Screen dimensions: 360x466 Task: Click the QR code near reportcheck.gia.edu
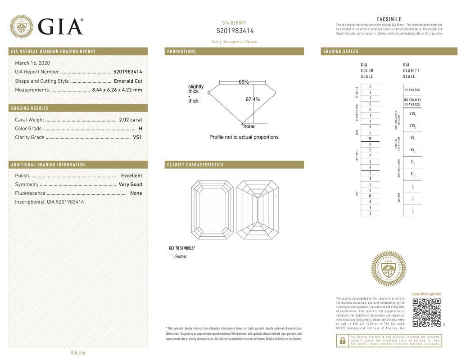(x=426, y=312)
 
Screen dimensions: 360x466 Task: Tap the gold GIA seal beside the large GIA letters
(x=21, y=27)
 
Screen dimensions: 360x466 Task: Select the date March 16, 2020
(x=32, y=63)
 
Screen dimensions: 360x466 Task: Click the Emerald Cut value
(x=128, y=81)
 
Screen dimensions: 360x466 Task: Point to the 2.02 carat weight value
(x=130, y=120)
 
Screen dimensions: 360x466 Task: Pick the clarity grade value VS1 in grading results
(x=137, y=137)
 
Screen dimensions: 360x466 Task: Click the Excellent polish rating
(x=131, y=175)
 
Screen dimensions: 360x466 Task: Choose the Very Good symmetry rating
(x=130, y=184)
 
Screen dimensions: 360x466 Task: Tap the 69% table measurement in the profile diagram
(x=244, y=82)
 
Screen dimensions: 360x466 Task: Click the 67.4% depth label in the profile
(x=253, y=99)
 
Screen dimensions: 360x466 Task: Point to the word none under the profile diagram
(x=249, y=126)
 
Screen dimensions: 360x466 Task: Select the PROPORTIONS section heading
(x=181, y=52)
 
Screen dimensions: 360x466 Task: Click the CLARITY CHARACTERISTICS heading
(x=195, y=165)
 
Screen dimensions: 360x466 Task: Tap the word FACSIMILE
(x=389, y=19)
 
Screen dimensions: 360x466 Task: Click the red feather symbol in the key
(x=172, y=256)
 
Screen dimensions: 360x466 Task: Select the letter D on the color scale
(x=370, y=86)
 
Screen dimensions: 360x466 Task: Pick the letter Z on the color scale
(x=370, y=213)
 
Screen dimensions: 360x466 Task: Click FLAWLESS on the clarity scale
(x=412, y=90)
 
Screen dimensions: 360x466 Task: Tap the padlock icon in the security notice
(x=342, y=341)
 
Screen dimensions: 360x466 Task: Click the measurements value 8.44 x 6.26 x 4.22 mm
(x=117, y=90)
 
